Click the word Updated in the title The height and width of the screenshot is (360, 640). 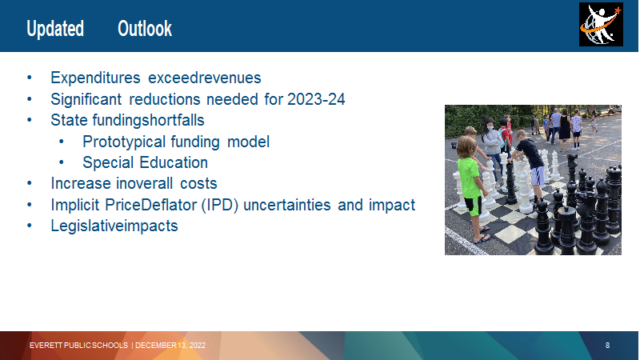tap(55, 29)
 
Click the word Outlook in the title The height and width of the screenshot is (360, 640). tap(145, 29)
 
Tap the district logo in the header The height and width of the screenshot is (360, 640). tap(601, 25)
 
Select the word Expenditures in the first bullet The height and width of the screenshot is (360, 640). tap(95, 78)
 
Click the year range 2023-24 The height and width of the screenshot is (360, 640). tap(316, 99)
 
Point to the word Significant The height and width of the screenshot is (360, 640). tap(86, 99)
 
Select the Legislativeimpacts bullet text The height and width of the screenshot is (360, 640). tap(114, 226)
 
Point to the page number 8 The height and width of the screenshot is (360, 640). tap(607, 346)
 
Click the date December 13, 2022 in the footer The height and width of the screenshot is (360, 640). tap(170, 346)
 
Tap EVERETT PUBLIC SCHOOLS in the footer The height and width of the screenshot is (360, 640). tap(78, 346)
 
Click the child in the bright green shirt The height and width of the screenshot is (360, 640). tap(471, 188)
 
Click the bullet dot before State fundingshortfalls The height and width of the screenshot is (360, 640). tap(30, 120)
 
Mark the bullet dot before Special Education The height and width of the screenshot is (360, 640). tap(62, 162)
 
